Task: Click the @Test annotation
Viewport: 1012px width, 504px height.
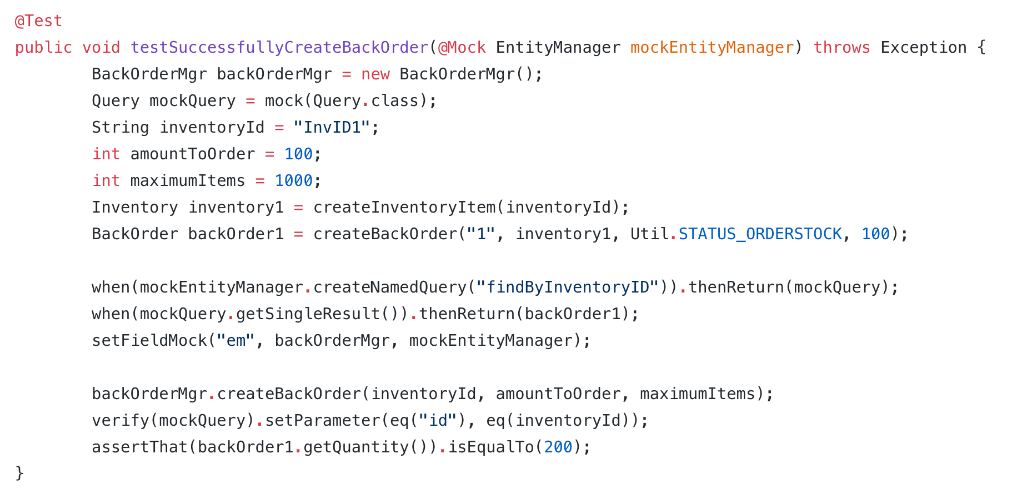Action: pyautogui.click(x=38, y=21)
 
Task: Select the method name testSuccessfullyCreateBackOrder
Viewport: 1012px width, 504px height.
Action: pyautogui.click(x=279, y=48)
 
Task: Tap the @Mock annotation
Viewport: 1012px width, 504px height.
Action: pyautogui.click(x=462, y=48)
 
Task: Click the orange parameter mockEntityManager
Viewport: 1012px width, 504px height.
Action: pyautogui.click(x=712, y=48)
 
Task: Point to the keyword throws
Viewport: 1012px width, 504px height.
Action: pyautogui.click(x=841, y=48)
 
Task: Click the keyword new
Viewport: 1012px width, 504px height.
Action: pyautogui.click(x=375, y=74)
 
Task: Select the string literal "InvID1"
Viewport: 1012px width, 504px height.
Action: pyautogui.click(x=332, y=128)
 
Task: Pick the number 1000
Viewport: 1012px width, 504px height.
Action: pyautogui.click(x=294, y=181)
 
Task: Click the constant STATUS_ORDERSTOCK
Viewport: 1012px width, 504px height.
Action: pyautogui.click(x=760, y=234)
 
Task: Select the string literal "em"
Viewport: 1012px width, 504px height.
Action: pyautogui.click(x=236, y=341)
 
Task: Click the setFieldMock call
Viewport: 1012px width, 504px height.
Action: pyautogui.click(x=149, y=341)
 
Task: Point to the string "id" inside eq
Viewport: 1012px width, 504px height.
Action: pyautogui.click(x=438, y=421)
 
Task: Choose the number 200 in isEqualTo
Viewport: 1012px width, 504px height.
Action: pyautogui.click(x=558, y=447)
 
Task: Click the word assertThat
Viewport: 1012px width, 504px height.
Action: pyautogui.click(x=139, y=447)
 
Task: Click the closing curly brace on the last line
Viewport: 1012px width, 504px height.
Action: pyautogui.click(x=20, y=473)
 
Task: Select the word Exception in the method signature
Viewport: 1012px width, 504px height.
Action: pyautogui.click(x=923, y=48)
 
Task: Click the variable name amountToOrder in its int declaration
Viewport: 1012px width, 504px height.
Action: pyautogui.click(x=193, y=154)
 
